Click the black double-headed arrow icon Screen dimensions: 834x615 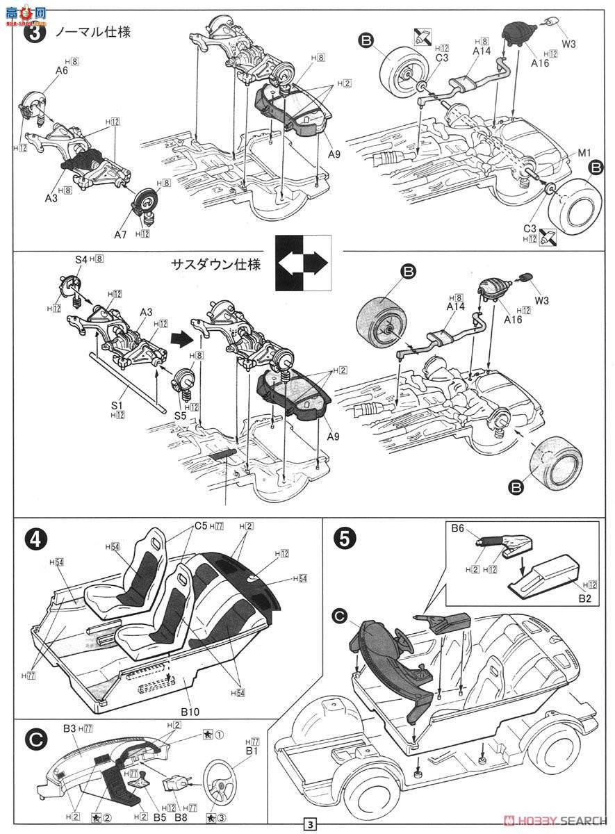[x=303, y=263]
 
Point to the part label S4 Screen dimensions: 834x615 [x=81, y=260]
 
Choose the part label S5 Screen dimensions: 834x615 [x=181, y=416]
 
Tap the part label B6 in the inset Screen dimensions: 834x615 [x=457, y=528]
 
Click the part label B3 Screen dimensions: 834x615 [x=68, y=728]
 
